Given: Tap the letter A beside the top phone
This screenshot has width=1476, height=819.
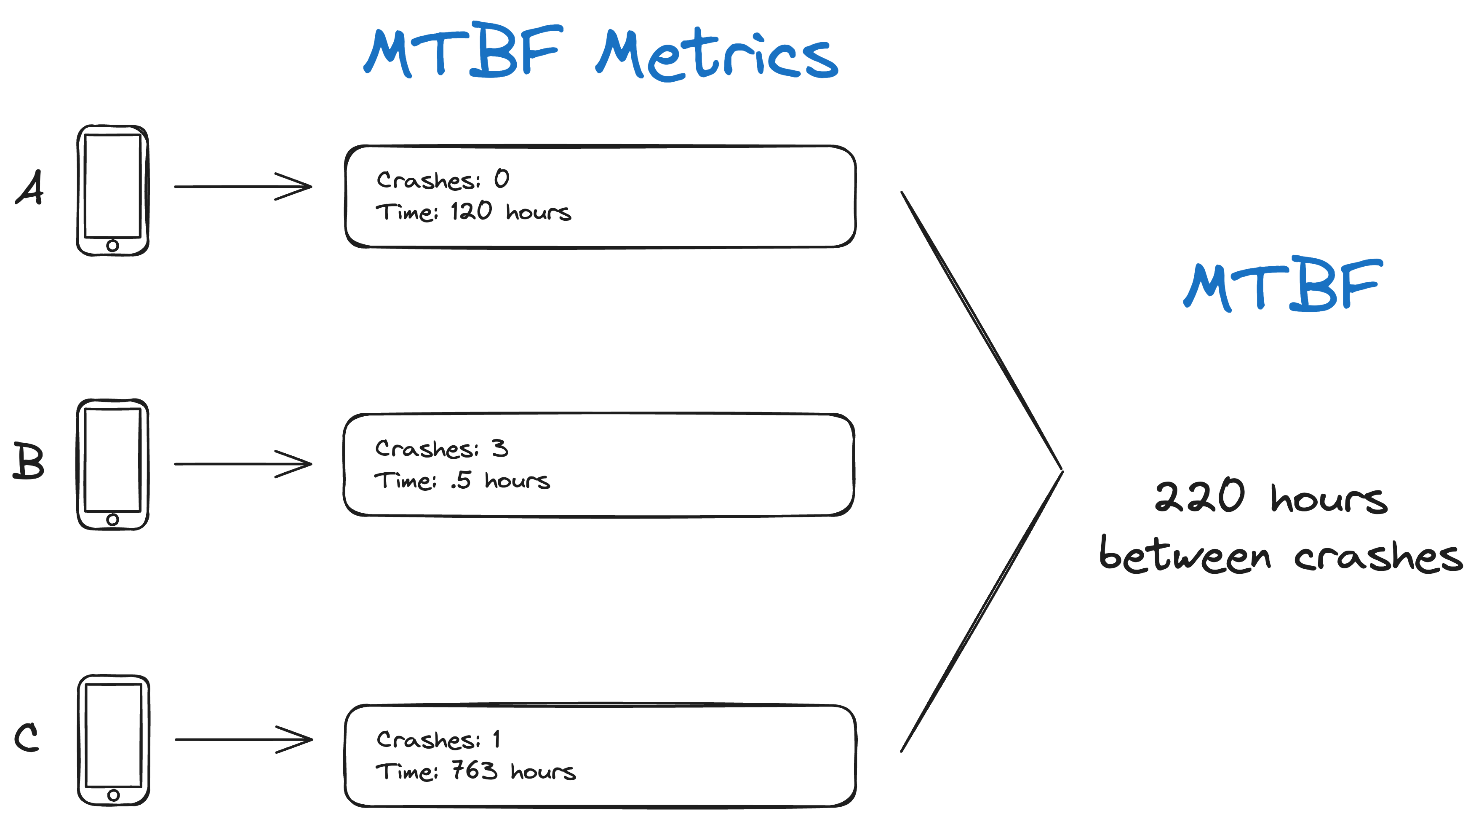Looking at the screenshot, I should pos(30,187).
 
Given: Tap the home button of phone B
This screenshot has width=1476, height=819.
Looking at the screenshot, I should pos(112,519).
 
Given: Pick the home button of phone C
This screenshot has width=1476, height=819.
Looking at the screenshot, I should pos(113,795).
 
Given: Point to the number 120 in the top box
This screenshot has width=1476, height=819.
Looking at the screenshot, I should pos(471,211).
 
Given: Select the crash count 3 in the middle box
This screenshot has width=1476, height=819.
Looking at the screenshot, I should pos(499,447).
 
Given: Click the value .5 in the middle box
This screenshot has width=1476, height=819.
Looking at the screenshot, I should pos(461,480).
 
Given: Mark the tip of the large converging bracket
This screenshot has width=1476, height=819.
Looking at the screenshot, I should pos(1061,471).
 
